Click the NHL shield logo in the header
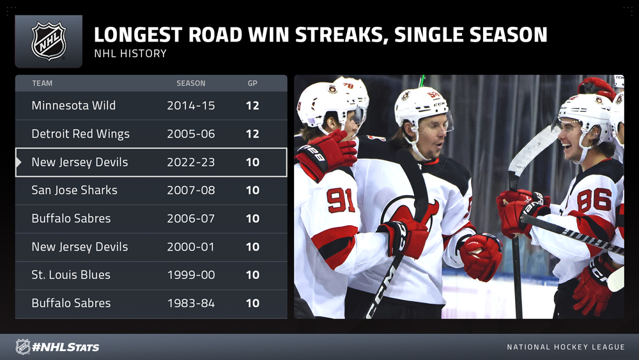pyautogui.click(x=49, y=41)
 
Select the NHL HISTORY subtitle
pyautogui.click(x=130, y=54)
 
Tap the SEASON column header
pyautogui.click(x=190, y=83)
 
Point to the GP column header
pyautogui.click(x=252, y=83)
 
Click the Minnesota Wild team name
pyautogui.click(x=73, y=106)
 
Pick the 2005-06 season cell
pyautogui.click(x=190, y=134)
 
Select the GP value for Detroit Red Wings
pyautogui.click(x=252, y=134)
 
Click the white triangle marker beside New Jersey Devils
pyautogui.click(x=19, y=162)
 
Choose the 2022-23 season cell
pyautogui.click(x=190, y=162)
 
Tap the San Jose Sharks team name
pyautogui.click(x=74, y=191)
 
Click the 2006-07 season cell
pyautogui.click(x=190, y=219)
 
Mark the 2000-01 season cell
pyautogui.click(x=190, y=247)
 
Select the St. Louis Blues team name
pyautogui.click(x=71, y=275)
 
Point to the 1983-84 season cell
pyautogui.click(x=190, y=303)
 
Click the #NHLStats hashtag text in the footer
pyautogui.click(x=66, y=347)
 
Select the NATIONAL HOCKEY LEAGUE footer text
pyautogui.click(x=566, y=347)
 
